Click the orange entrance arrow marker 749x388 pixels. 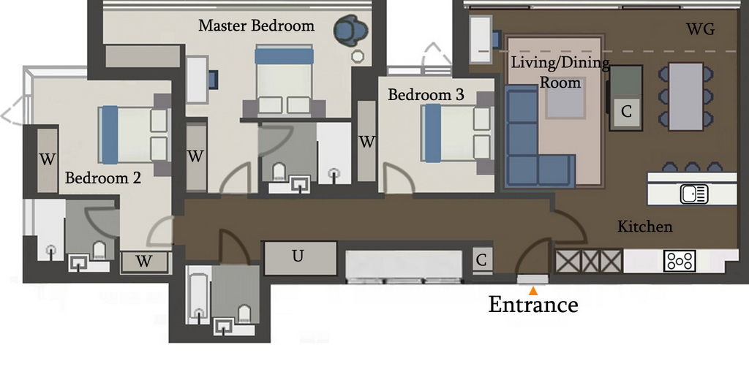[x=533, y=291]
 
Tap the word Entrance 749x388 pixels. [x=533, y=305]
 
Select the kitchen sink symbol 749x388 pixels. [x=694, y=194]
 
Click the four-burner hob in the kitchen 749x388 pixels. [x=680, y=261]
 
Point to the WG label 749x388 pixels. [x=700, y=29]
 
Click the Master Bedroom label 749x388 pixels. [x=257, y=26]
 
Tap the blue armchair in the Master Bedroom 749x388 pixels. [x=351, y=31]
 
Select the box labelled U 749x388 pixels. [x=300, y=258]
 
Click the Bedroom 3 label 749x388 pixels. [x=426, y=94]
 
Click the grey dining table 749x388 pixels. [x=686, y=96]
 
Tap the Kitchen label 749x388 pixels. [x=645, y=227]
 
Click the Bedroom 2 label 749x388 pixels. [x=102, y=178]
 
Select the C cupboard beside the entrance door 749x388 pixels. [x=481, y=260]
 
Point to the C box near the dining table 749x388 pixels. [x=626, y=112]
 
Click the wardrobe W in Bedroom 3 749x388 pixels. [x=366, y=141]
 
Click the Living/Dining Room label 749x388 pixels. [x=560, y=72]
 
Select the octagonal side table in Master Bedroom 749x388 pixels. [x=358, y=56]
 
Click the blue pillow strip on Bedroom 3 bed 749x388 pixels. [x=433, y=133]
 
